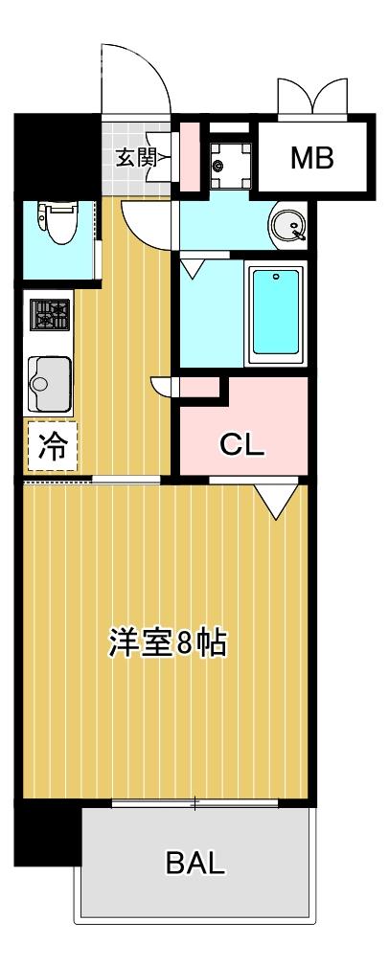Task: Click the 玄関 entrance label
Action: (136, 158)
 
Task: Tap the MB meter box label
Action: (312, 158)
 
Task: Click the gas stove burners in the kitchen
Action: (50, 314)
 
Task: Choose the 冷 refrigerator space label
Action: (52, 446)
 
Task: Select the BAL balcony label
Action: (195, 864)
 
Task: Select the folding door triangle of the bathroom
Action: (194, 266)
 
